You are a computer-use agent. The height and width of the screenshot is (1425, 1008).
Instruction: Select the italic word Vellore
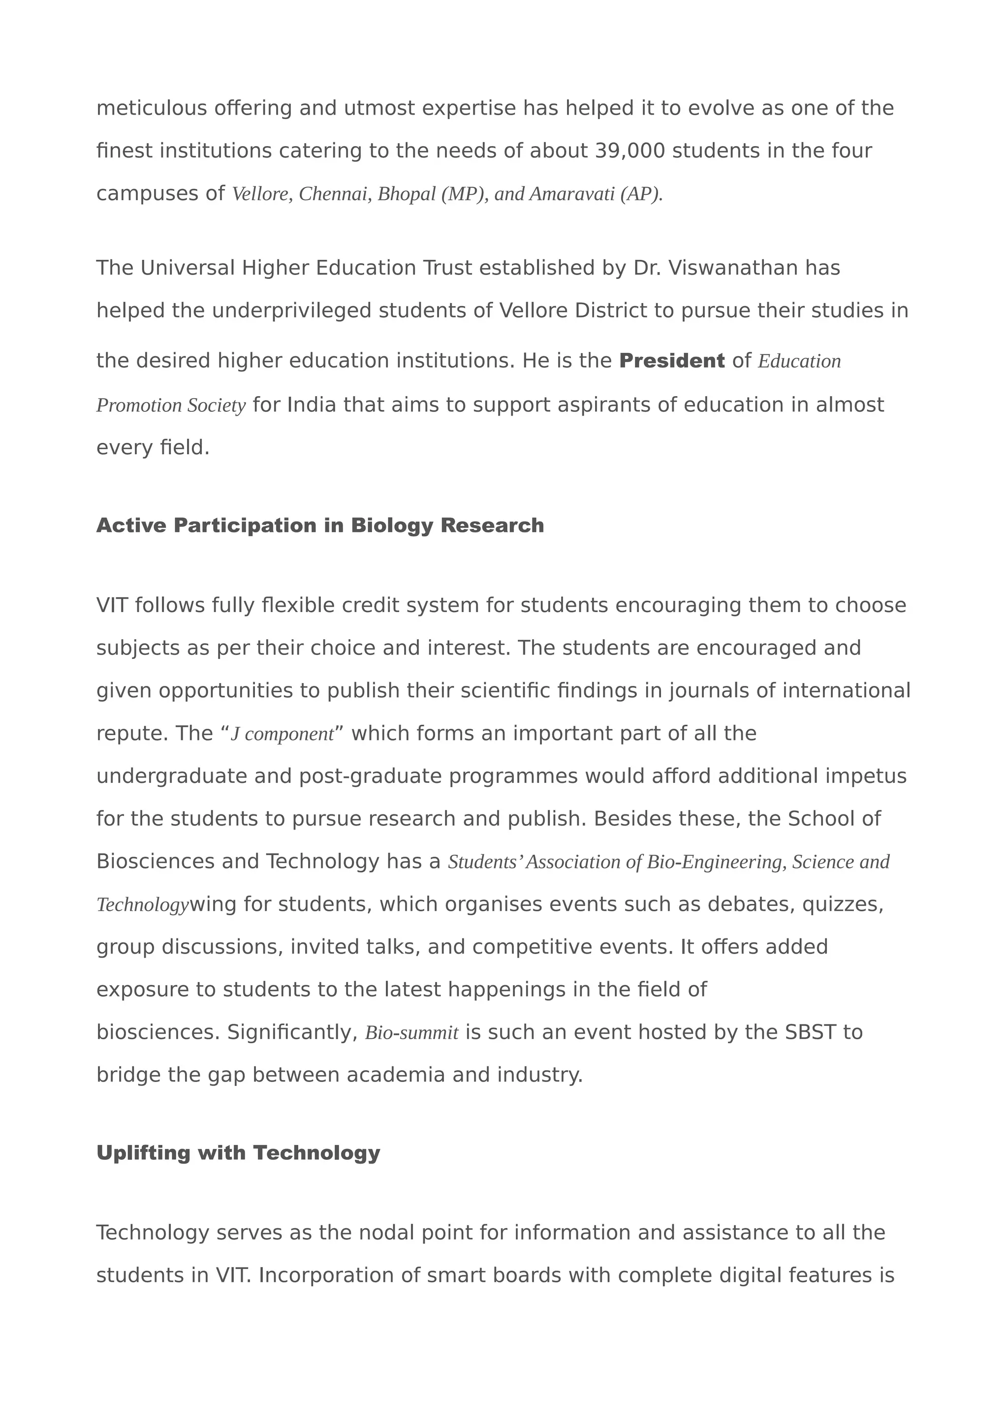tap(260, 194)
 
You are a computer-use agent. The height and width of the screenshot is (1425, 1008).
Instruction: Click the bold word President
tap(671, 361)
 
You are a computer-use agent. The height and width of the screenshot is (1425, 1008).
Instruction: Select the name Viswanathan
tap(733, 268)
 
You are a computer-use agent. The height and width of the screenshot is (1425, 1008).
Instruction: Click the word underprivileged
tap(292, 310)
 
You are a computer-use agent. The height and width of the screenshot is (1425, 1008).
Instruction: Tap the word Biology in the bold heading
tap(392, 526)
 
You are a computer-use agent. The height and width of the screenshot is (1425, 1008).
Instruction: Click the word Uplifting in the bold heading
tap(143, 1153)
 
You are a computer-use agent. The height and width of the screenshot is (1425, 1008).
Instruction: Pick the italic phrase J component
tap(283, 734)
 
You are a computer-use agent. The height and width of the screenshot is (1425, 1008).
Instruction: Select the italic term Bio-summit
tap(411, 1033)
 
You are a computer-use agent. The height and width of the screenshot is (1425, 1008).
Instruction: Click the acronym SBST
tap(810, 1032)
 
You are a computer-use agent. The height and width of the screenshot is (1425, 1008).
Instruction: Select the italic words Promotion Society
tap(171, 406)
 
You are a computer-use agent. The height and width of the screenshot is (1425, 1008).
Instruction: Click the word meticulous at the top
tap(152, 109)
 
